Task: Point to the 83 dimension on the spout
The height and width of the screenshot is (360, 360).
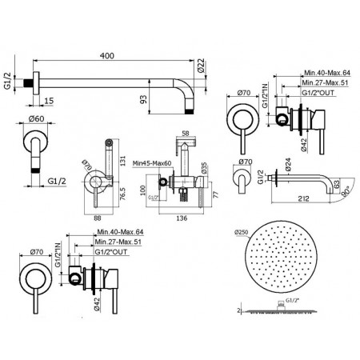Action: [x=337, y=185]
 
